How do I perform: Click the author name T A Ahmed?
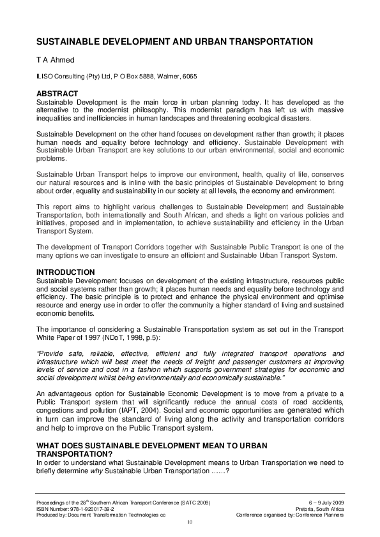click(x=53, y=60)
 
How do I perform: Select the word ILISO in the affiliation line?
click(x=44, y=77)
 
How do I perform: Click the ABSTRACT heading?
click(x=57, y=94)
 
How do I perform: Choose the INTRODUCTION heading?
click(x=66, y=272)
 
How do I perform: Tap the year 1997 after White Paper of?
click(x=89, y=337)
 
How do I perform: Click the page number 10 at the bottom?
click(x=190, y=522)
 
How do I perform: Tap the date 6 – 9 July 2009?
click(x=324, y=503)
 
